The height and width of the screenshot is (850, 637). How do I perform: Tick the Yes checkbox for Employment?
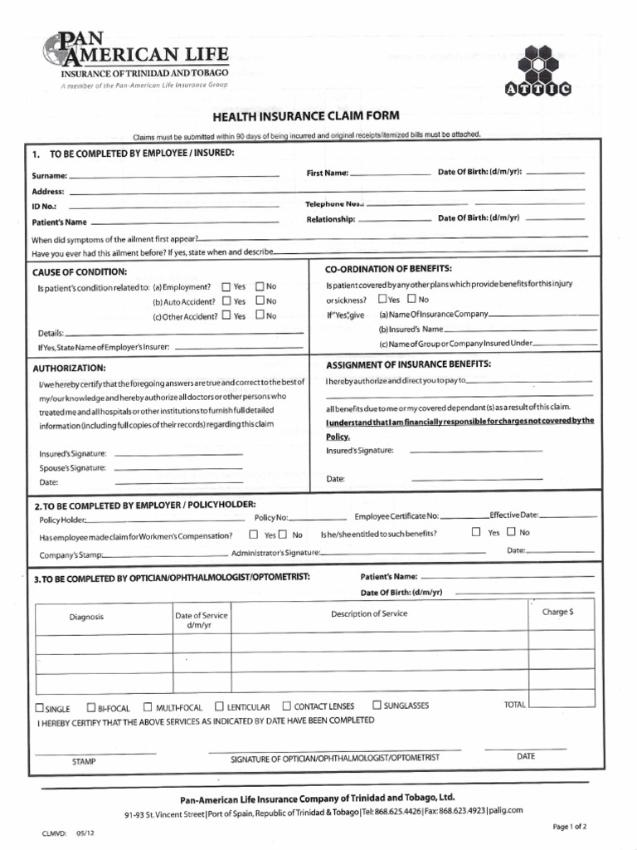(226, 286)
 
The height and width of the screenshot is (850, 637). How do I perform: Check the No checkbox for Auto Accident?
(260, 301)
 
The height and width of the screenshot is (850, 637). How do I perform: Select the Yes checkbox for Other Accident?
(226, 315)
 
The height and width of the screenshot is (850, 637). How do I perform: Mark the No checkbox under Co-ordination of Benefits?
(412, 299)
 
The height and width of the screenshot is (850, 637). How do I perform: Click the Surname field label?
(48, 177)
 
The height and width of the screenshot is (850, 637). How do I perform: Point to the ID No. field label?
(44, 206)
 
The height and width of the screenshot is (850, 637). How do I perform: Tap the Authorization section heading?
(69, 368)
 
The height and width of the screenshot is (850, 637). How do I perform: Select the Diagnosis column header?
(86, 617)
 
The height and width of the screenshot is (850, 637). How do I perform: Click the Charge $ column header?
(557, 612)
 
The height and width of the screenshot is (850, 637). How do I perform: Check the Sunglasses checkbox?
(377, 705)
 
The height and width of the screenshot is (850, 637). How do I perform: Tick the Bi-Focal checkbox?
(91, 708)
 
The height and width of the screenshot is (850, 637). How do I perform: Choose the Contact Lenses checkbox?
(287, 706)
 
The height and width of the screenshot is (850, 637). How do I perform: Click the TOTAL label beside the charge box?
(514, 705)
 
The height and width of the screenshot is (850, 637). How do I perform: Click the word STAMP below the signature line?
(84, 760)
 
